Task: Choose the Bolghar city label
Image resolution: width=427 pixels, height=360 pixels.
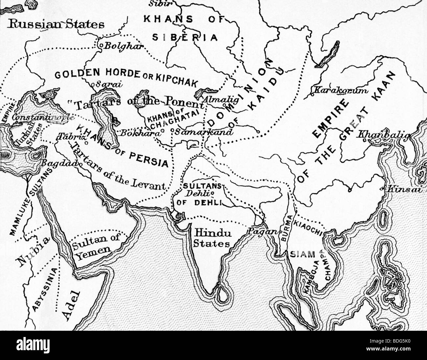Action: (124, 46)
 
